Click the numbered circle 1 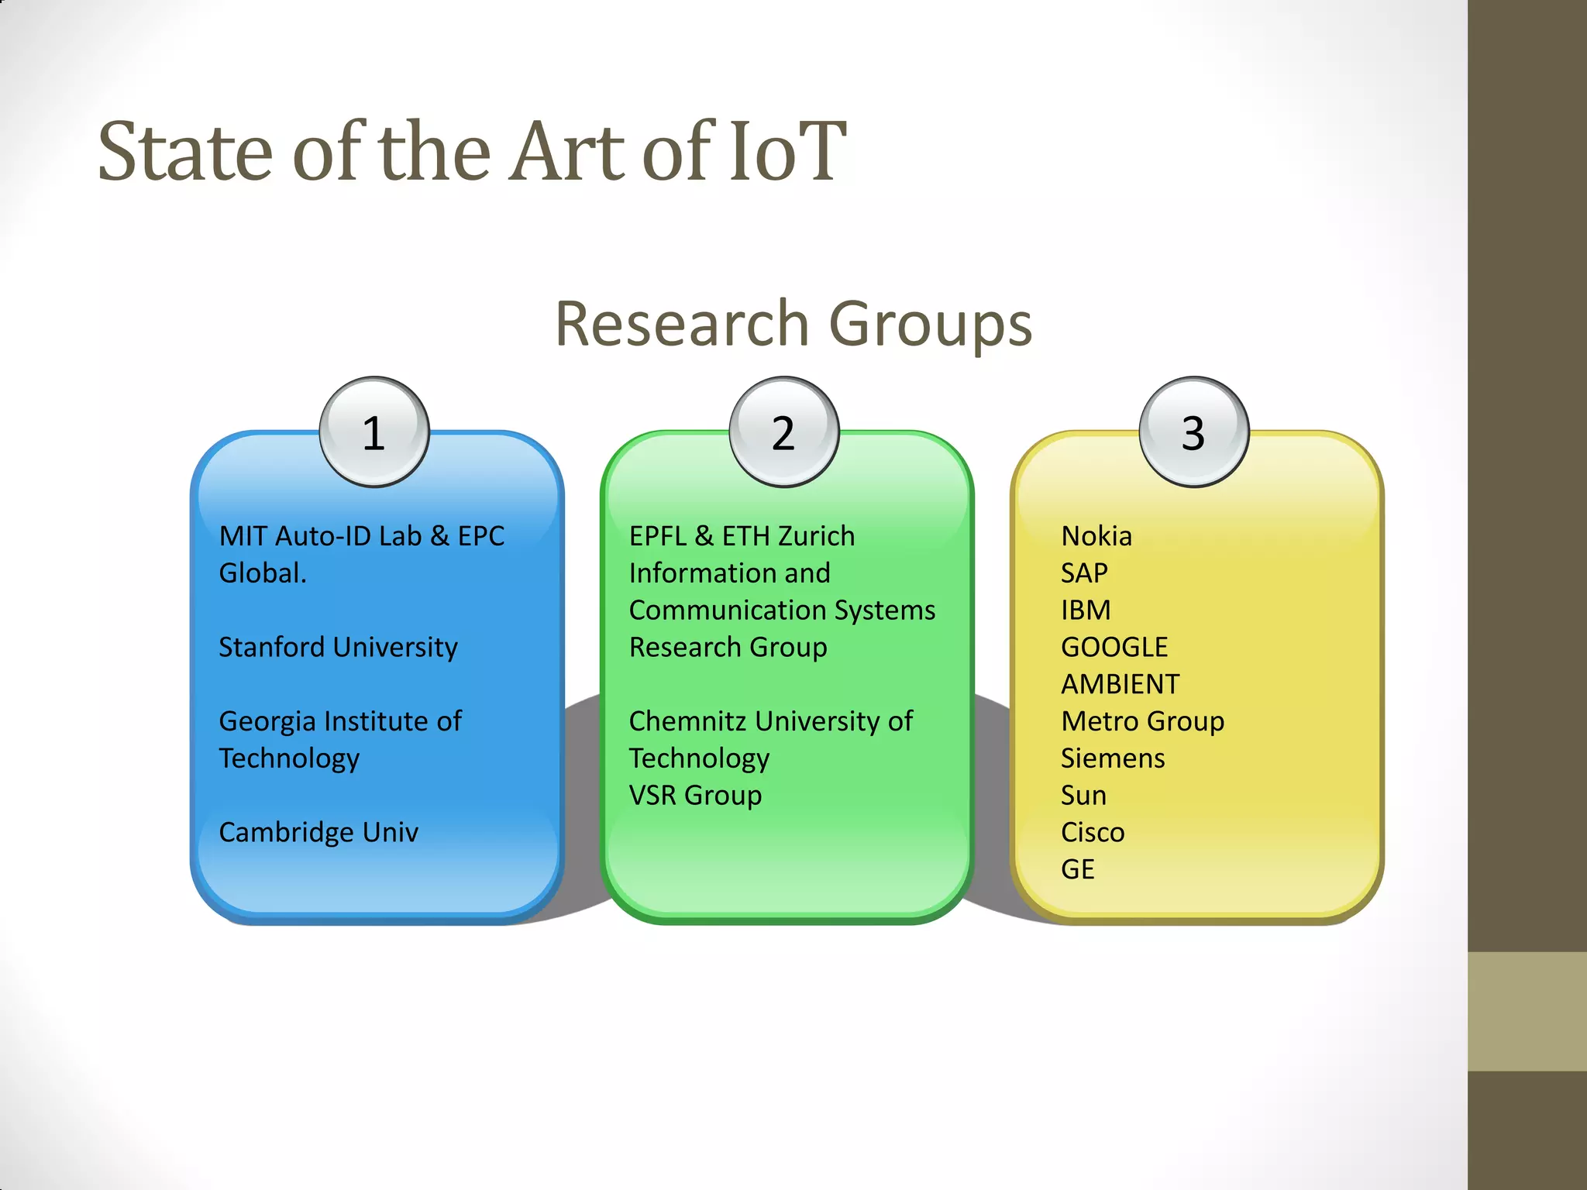pyautogui.click(x=374, y=432)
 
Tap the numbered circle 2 pyautogui.click(x=783, y=432)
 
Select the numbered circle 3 pyautogui.click(x=1193, y=432)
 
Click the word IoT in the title pyautogui.click(x=784, y=152)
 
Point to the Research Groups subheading pyautogui.click(x=793, y=324)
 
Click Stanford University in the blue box pyautogui.click(x=338, y=647)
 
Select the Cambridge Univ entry pyautogui.click(x=318, y=832)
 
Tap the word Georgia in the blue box pyautogui.click(x=267, y=721)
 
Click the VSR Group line pyautogui.click(x=695, y=795)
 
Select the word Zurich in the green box pyautogui.click(x=816, y=536)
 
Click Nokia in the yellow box pyautogui.click(x=1096, y=536)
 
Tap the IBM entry pyautogui.click(x=1085, y=610)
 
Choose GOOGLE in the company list pyautogui.click(x=1114, y=647)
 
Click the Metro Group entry pyautogui.click(x=1142, y=721)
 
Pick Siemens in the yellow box pyautogui.click(x=1112, y=758)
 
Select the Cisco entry pyautogui.click(x=1092, y=832)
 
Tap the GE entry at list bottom pyautogui.click(x=1077, y=869)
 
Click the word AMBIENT pyautogui.click(x=1120, y=684)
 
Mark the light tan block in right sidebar pyautogui.click(x=1527, y=1011)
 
